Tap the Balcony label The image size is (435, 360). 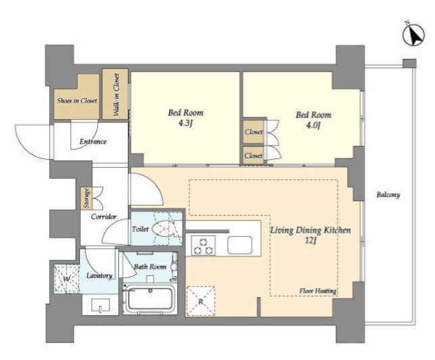pyautogui.click(x=388, y=195)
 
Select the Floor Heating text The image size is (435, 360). pyautogui.click(x=318, y=291)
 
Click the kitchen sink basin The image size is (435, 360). pyautogui.click(x=239, y=245)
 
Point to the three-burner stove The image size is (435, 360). pyautogui.click(x=204, y=246)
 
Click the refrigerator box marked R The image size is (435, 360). pyautogui.click(x=200, y=301)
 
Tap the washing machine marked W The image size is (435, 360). pyautogui.click(x=66, y=278)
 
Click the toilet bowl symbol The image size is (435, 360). pyautogui.click(x=164, y=229)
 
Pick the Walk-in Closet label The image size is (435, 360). pyautogui.click(x=116, y=95)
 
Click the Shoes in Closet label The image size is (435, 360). pyautogui.click(x=77, y=101)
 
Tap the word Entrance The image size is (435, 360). pyautogui.click(x=93, y=141)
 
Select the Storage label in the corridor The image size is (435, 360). pyautogui.click(x=87, y=198)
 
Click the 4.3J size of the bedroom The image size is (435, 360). pyautogui.click(x=185, y=124)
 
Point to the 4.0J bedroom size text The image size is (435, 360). pyautogui.click(x=313, y=126)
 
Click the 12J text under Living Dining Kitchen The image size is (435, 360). pyautogui.click(x=311, y=241)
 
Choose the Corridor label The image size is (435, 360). pyautogui.click(x=104, y=217)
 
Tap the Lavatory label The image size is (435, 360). pyautogui.click(x=99, y=275)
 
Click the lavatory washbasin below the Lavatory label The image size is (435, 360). pyautogui.click(x=100, y=305)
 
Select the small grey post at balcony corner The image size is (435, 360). pyautogui.click(x=409, y=64)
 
